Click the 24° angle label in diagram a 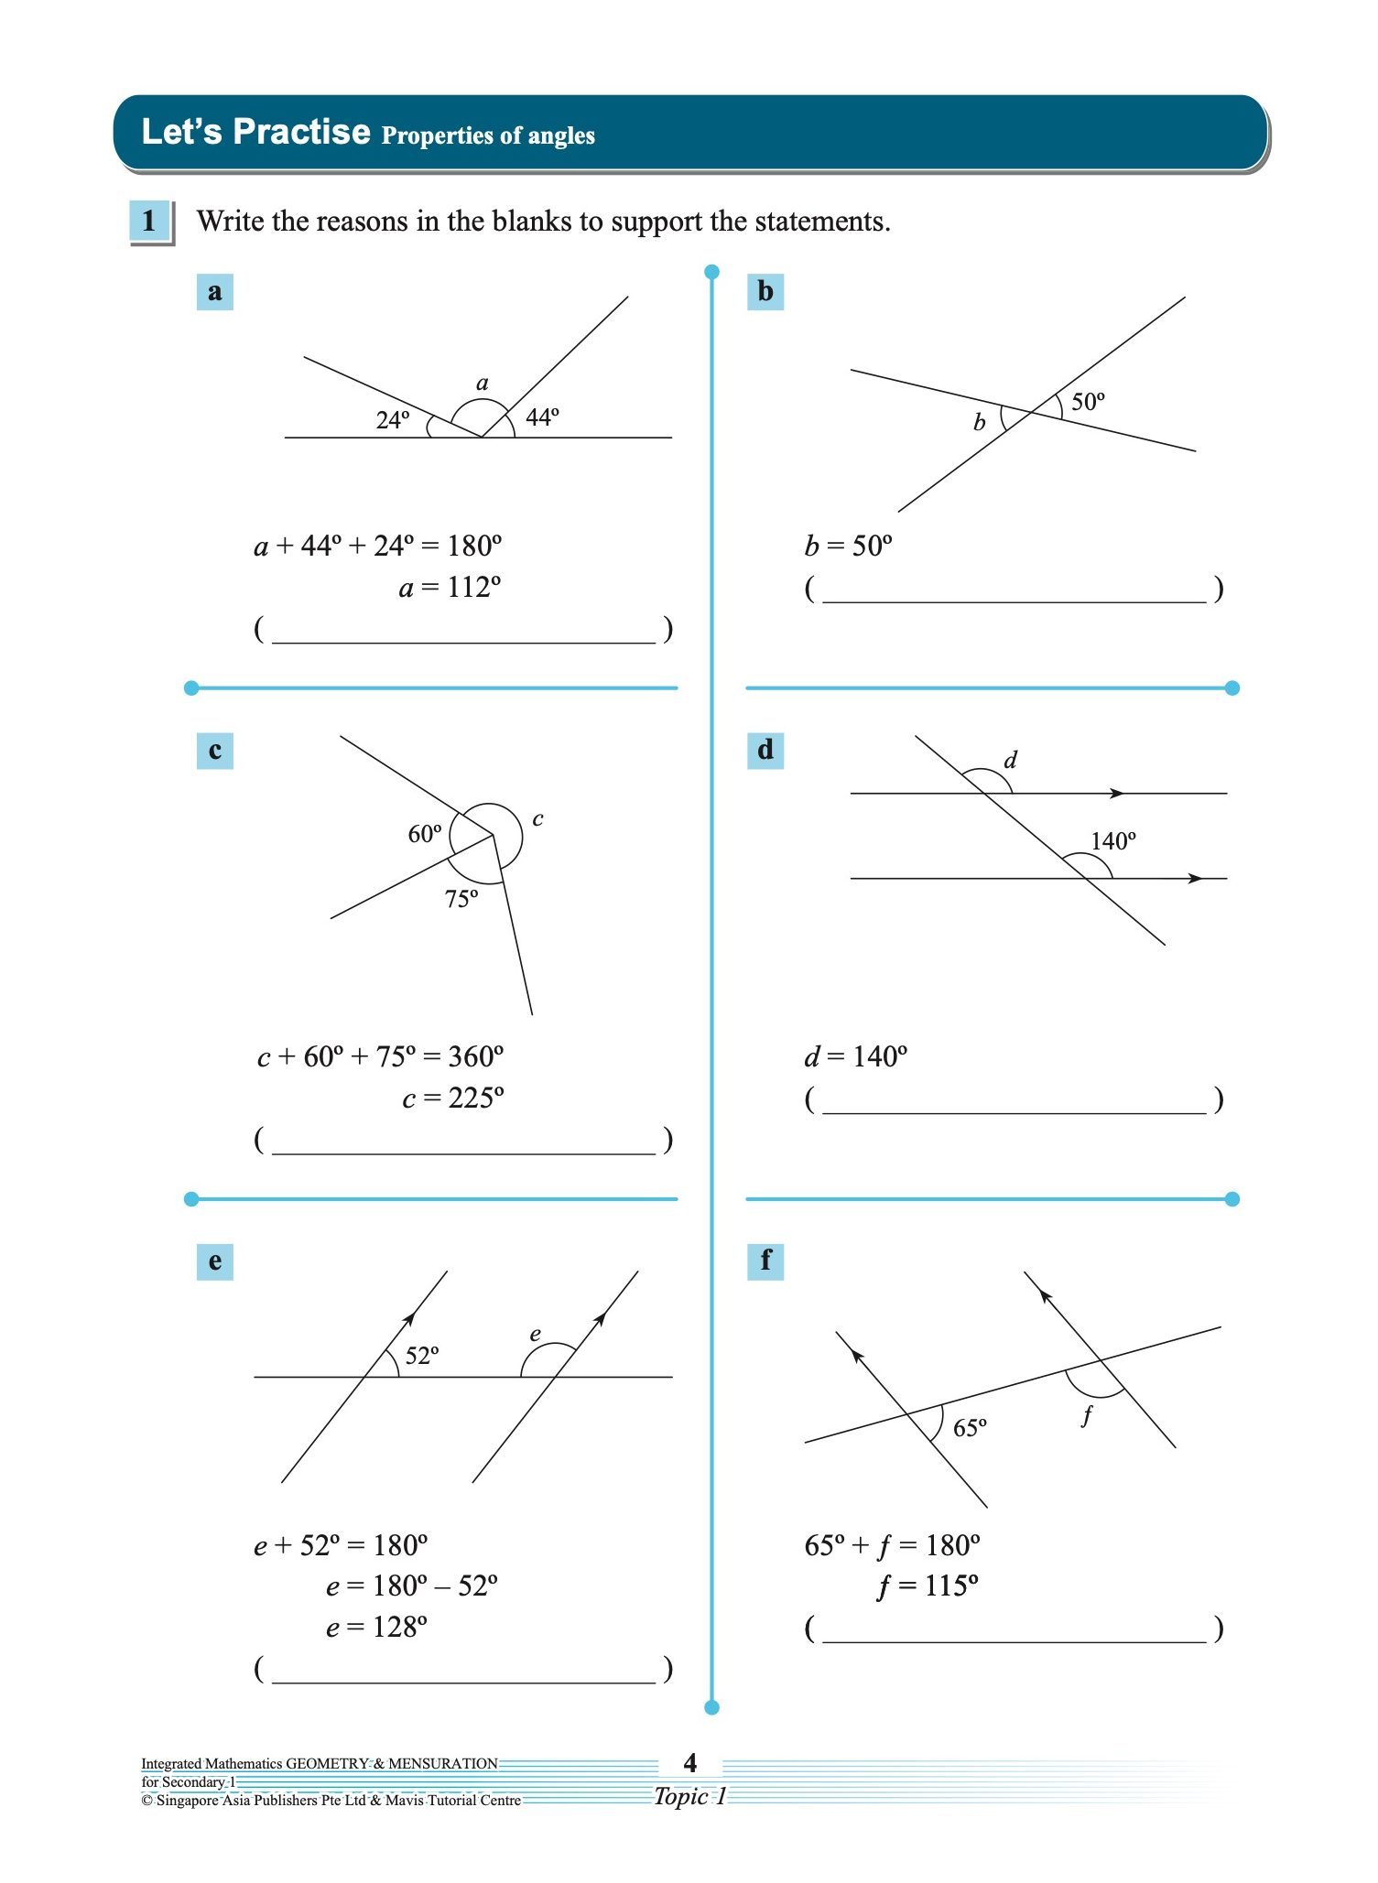coord(393,420)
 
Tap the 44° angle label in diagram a coord(542,417)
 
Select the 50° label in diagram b coord(1088,402)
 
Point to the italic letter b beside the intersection coord(979,422)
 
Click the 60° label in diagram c coord(424,834)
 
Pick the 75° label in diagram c coord(461,900)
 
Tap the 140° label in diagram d coord(1112,841)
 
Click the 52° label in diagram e coord(422,1356)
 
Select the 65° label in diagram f coord(970,1428)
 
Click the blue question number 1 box coord(149,222)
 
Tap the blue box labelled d coord(765,751)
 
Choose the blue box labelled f coord(765,1261)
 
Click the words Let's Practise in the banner coord(255,132)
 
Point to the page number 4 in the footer coord(689,1762)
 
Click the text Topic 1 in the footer coord(689,1796)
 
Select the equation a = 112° coord(450,587)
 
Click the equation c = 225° coord(452,1098)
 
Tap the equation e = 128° coord(376,1627)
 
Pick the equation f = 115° coord(927,1585)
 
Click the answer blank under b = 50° coord(1014,590)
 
